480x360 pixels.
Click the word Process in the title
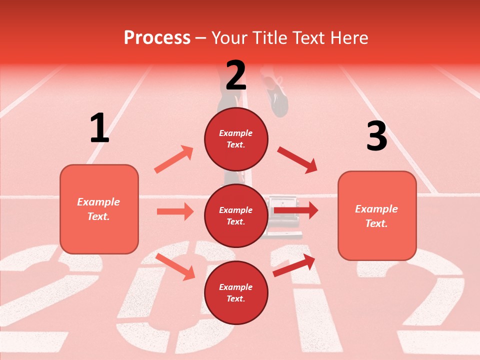point(157,37)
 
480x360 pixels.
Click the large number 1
point(99,128)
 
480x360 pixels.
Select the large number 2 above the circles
point(236,75)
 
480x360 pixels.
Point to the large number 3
point(376,136)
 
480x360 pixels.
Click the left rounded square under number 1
point(99,209)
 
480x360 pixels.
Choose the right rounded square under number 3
point(377,215)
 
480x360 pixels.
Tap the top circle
point(236,139)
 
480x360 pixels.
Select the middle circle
point(236,215)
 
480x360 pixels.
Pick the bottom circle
point(236,292)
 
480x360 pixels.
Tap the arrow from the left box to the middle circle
point(175,211)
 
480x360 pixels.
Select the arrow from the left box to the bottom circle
point(175,266)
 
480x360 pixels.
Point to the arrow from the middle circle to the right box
point(296,210)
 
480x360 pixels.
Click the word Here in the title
point(349,37)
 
